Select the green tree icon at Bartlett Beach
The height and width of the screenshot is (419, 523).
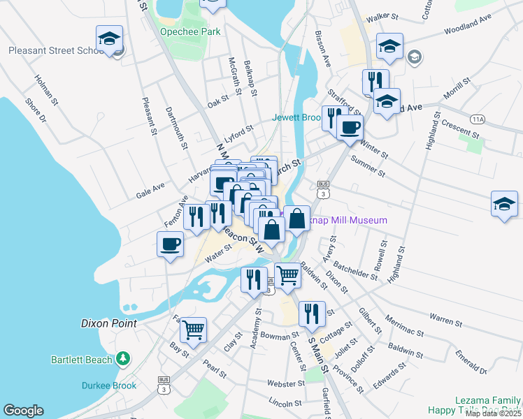[x=123, y=358]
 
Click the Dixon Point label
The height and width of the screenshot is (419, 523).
[x=108, y=324]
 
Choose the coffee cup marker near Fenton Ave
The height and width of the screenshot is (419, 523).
[x=171, y=244]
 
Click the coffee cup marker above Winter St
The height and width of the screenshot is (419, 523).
[x=350, y=128]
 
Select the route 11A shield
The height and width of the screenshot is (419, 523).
[x=478, y=119]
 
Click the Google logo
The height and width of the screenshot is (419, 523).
[x=23, y=411]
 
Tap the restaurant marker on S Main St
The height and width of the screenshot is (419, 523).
[x=312, y=314]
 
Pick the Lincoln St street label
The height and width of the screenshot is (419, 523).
[x=285, y=403]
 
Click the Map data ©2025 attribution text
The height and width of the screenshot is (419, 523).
[x=493, y=413]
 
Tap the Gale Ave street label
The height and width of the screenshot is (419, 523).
[x=150, y=191]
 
